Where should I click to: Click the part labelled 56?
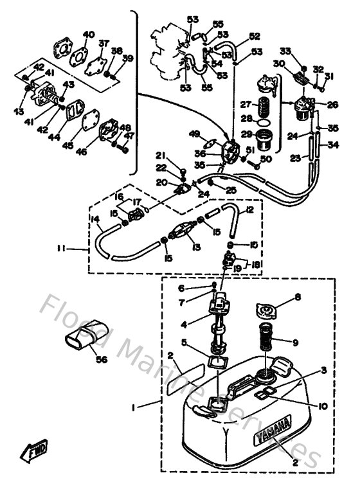(82, 336)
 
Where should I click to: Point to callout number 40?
(89, 34)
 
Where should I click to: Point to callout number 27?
(245, 105)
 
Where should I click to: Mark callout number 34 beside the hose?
(332, 145)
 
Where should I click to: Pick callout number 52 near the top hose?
(255, 36)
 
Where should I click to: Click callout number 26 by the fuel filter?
(332, 105)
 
